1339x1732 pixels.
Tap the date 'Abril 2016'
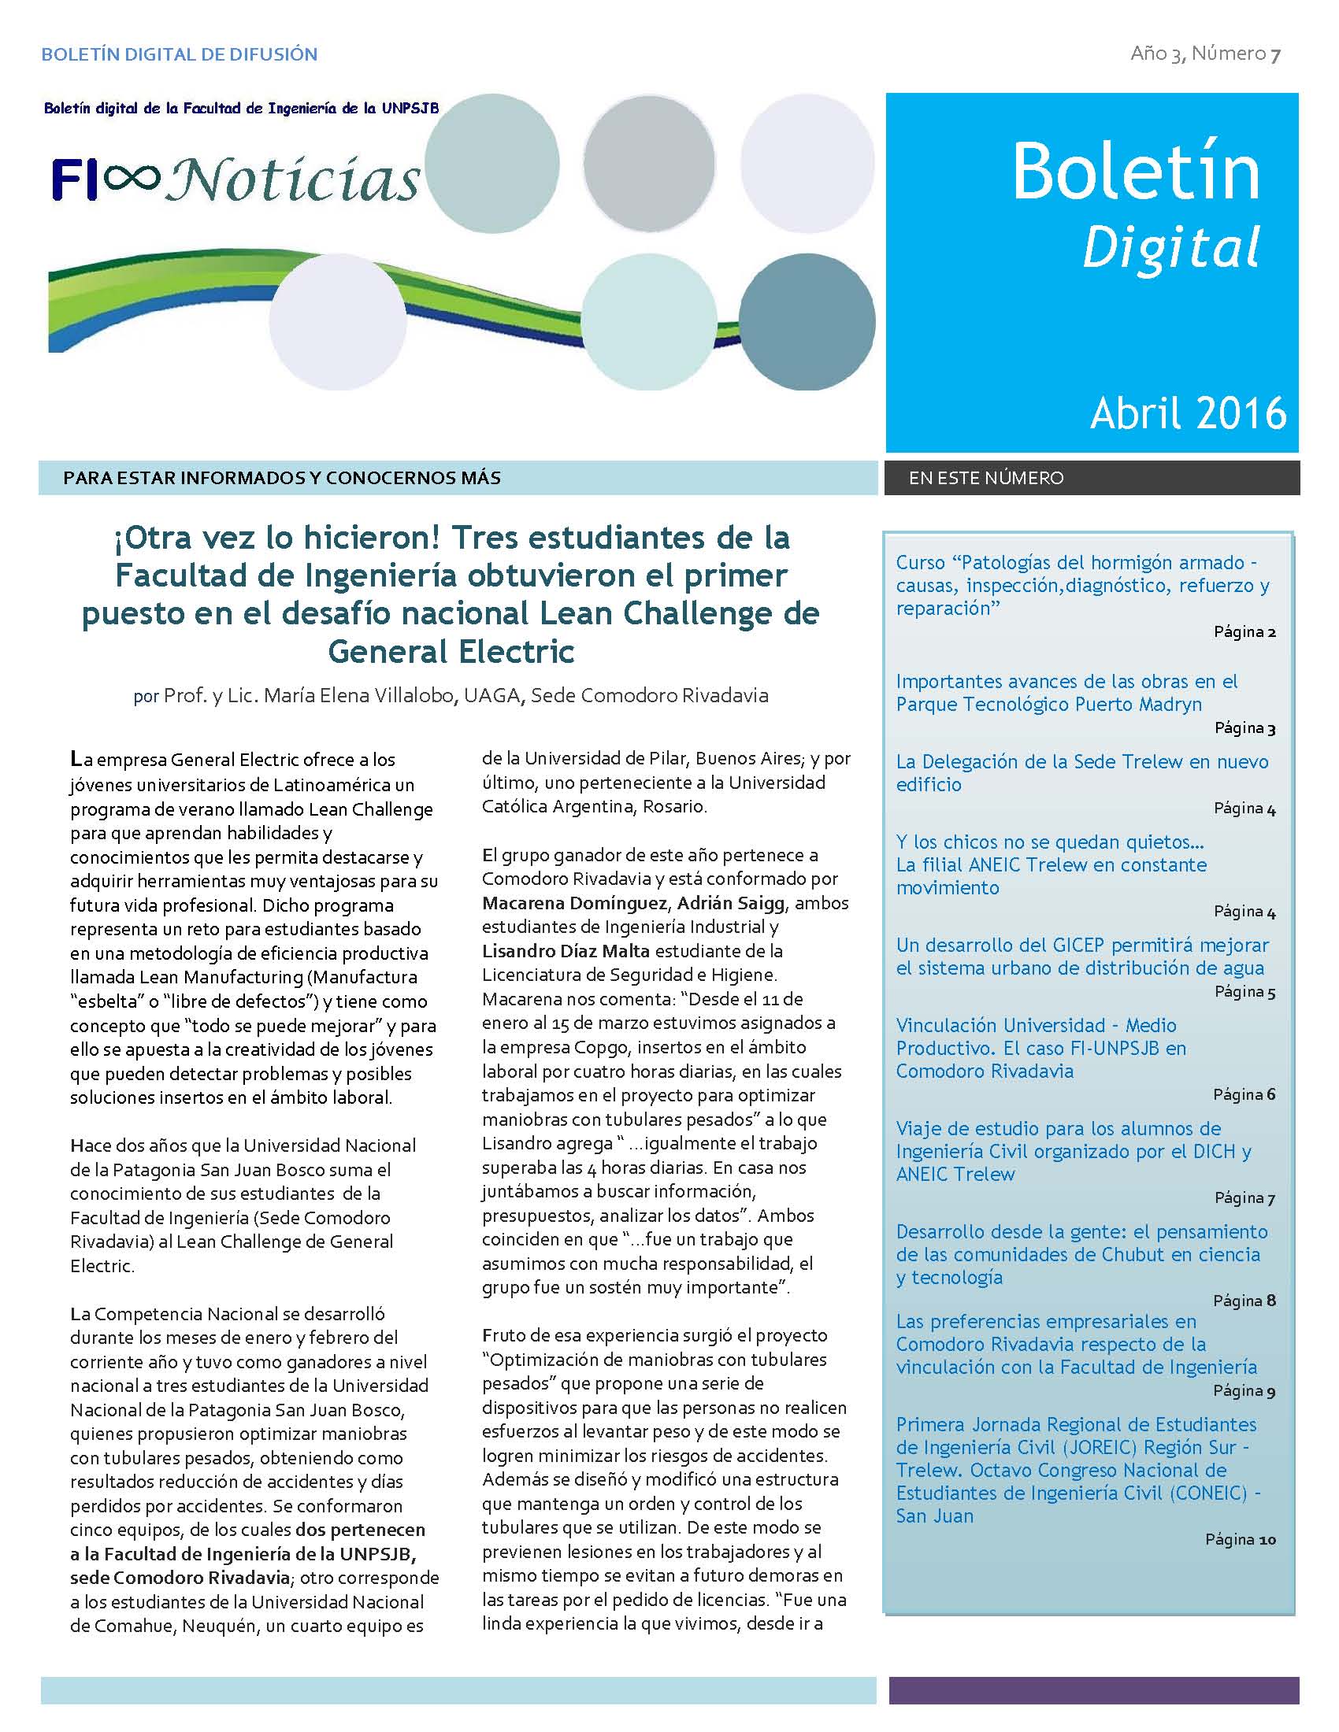pyautogui.click(x=1188, y=414)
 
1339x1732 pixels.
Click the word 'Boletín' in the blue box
pyautogui.click(x=1135, y=172)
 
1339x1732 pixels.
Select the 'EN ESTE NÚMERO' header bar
pyautogui.click(x=1092, y=478)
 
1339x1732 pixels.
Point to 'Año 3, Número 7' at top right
pyautogui.click(x=1205, y=54)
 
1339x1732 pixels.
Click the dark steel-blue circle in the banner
pyautogui.click(x=807, y=322)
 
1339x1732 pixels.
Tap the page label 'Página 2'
pyautogui.click(x=1244, y=632)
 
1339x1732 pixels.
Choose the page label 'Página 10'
pyautogui.click(x=1240, y=1539)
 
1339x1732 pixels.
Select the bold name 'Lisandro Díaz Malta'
pyautogui.click(x=566, y=951)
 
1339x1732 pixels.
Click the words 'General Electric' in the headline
pyautogui.click(x=451, y=651)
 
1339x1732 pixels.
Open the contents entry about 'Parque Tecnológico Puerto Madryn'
pyautogui.click(x=1066, y=692)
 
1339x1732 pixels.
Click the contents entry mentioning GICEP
pyautogui.click(x=1082, y=957)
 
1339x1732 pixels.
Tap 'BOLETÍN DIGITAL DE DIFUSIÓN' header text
pyautogui.click(x=180, y=55)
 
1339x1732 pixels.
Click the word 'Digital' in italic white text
pyautogui.click(x=1170, y=247)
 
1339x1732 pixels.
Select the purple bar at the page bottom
pyautogui.click(x=1093, y=1690)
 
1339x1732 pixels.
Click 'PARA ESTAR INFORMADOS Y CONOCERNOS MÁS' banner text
pyautogui.click(x=282, y=478)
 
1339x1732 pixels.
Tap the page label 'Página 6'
pyautogui.click(x=1244, y=1094)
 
